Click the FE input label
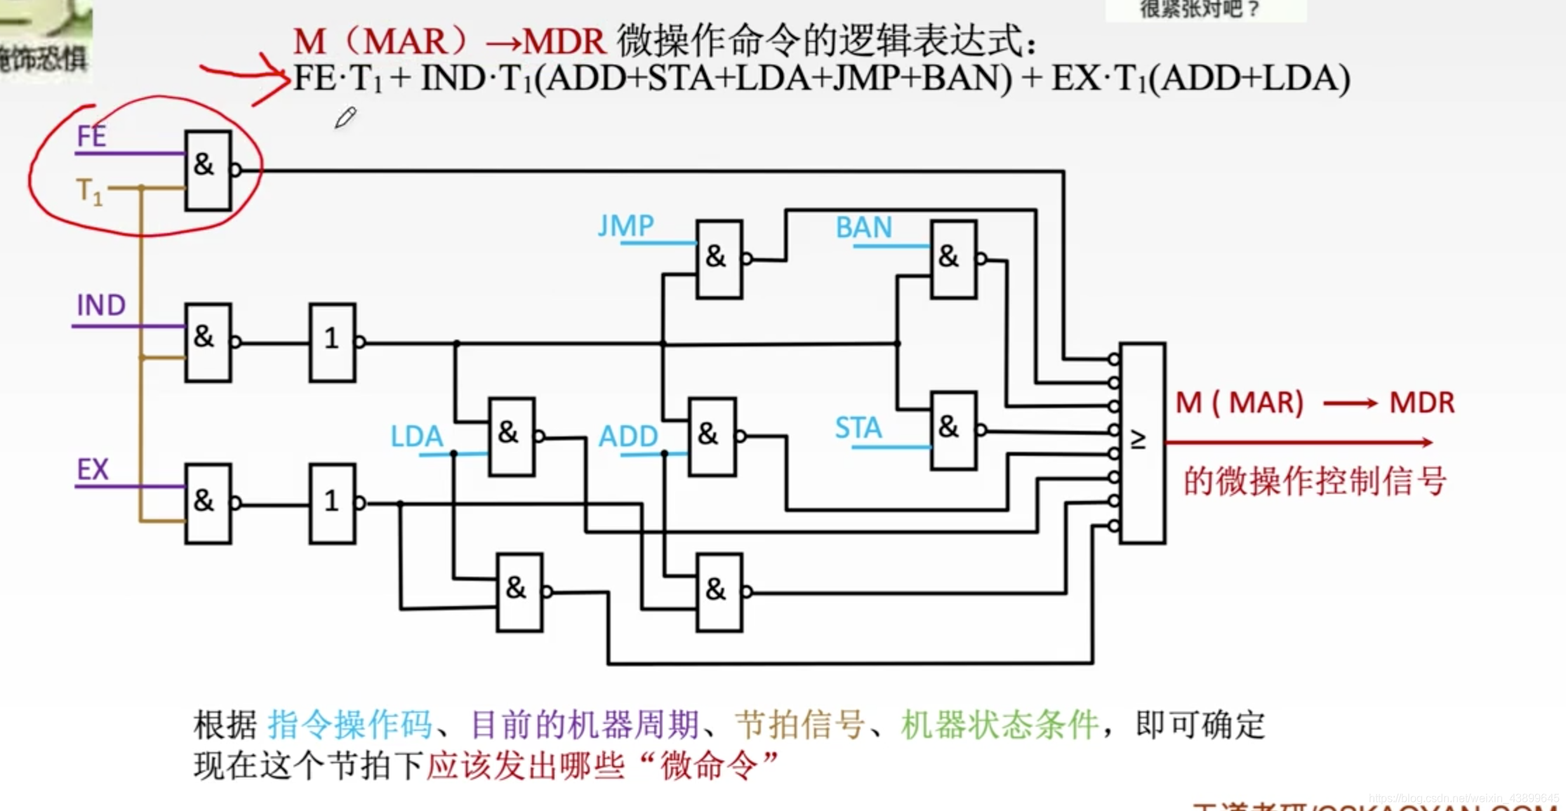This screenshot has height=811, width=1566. [x=91, y=135]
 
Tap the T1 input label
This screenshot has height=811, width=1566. [x=89, y=191]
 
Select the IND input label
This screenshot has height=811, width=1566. [x=101, y=305]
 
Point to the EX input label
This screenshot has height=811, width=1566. [x=93, y=469]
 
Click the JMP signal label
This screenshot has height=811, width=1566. [x=625, y=226]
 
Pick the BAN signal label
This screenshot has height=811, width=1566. [x=863, y=227]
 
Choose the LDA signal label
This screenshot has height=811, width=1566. [x=416, y=436]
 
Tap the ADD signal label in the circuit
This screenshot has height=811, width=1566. [x=628, y=436]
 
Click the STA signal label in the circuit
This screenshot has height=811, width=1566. [x=858, y=427]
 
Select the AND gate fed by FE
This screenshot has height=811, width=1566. [x=208, y=170]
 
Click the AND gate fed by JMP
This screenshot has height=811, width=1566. [x=719, y=259]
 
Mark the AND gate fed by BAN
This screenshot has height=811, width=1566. [x=953, y=259]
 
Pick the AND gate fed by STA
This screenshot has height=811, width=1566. [x=953, y=429]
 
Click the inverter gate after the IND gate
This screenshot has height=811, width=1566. [x=332, y=342]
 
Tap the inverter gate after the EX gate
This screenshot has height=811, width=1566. [x=332, y=503]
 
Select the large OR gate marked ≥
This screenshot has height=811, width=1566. [x=1142, y=442]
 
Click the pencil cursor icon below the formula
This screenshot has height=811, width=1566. [x=345, y=118]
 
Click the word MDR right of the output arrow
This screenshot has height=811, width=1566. [x=1421, y=403]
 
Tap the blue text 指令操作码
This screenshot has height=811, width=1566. [x=350, y=725]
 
